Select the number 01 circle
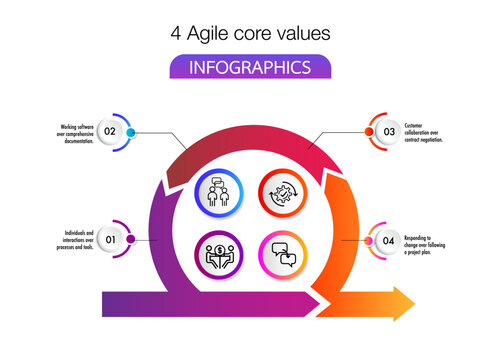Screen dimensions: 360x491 click(110, 240)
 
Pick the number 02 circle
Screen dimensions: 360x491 click(110, 132)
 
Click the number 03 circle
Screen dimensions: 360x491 click(388, 132)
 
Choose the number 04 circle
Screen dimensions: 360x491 click(388, 240)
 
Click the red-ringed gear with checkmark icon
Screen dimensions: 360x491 click(281, 191)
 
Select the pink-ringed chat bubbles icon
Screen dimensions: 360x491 click(281, 252)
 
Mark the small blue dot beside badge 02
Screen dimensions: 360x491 click(131, 132)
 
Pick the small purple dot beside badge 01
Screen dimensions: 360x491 click(131, 240)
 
